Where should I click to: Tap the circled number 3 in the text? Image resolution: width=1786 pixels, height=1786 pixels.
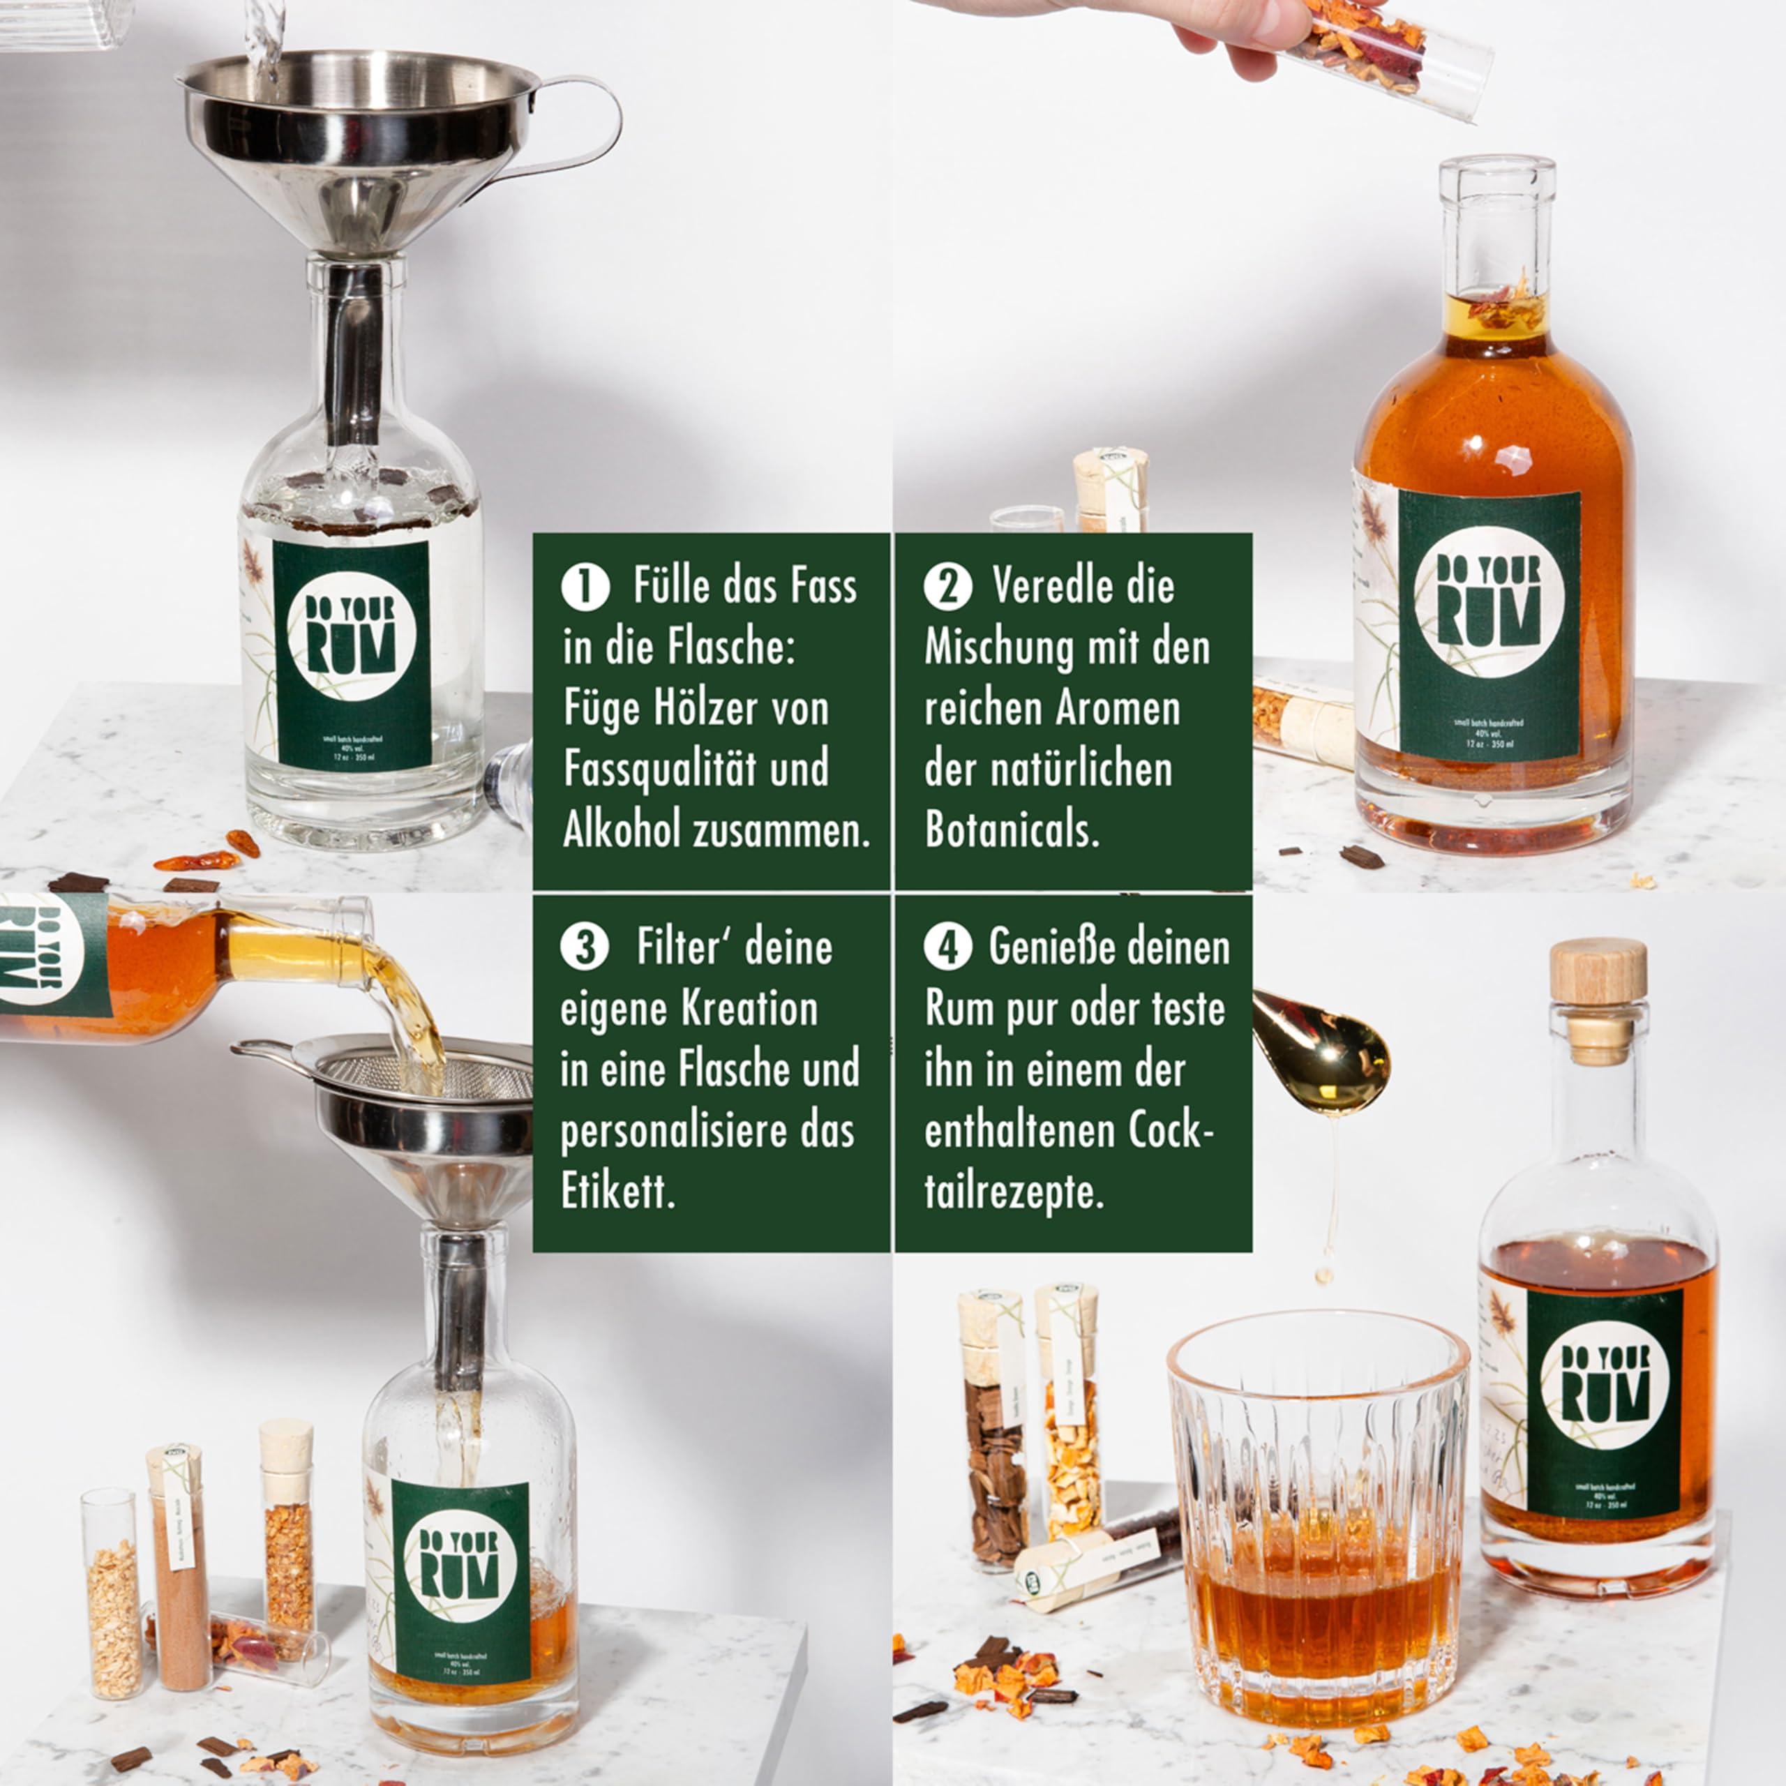[x=584, y=950]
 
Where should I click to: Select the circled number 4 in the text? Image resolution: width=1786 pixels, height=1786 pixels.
[x=947, y=950]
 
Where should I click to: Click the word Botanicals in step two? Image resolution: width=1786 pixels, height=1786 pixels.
[x=1012, y=832]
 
